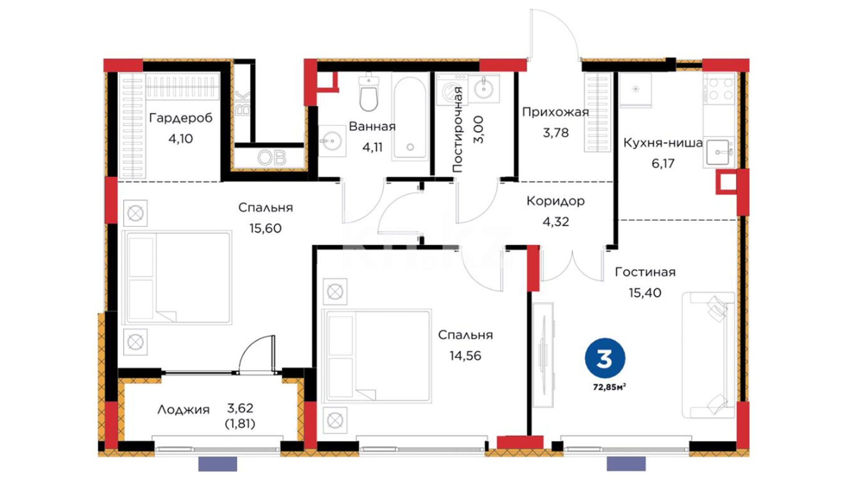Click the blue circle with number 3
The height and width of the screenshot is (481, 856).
pyautogui.click(x=605, y=358)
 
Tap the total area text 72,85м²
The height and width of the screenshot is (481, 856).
pyautogui.click(x=609, y=387)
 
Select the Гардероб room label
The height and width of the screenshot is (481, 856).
pyautogui.click(x=181, y=118)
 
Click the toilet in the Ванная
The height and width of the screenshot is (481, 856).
pyautogui.click(x=369, y=92)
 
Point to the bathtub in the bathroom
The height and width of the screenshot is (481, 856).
pyautogui.click(x=410, y=117)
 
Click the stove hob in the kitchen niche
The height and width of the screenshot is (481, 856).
pyautogui.click(x=719, y=89)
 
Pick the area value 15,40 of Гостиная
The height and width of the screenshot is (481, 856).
pyautogui.click(x=645, y=293)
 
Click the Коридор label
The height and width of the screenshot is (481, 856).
pyautogui.click(x=555, y=201)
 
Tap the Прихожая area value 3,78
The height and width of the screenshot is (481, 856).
pyautogui.click(x=556, y=132)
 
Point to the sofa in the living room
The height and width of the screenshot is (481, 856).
pyautogui.click(x=708, y=355)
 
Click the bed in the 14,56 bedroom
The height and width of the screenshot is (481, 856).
pyautogui.click(x=377, y=356)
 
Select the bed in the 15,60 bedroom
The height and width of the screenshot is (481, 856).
pyautogui.click(x=177, y=277)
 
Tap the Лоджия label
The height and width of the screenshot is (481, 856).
pyautogui.click(x=183, y=410)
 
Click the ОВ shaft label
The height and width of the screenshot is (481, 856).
pyautogui.click(x=272, y=158)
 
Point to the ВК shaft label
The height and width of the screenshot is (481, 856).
pyautogui.click(x=243, y=103)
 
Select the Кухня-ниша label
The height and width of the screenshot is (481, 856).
pyautogui.click(x=663, y=143)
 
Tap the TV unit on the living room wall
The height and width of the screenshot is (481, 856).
pyautogui.click(x=543, y=355)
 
